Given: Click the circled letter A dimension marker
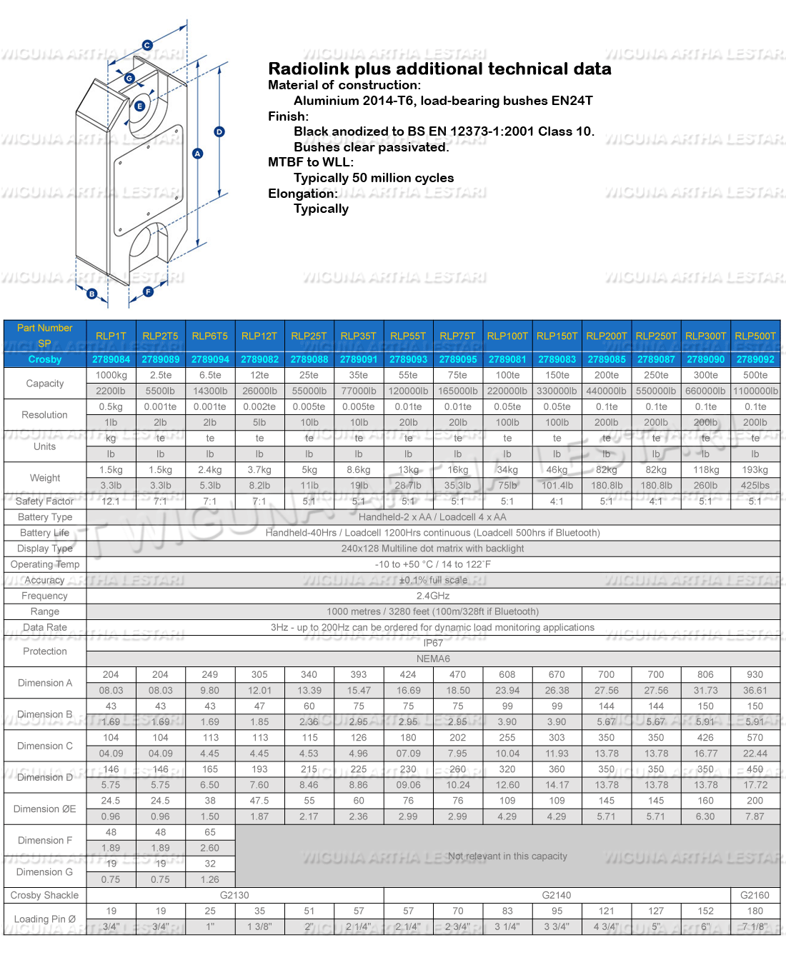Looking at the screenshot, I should tap(198, 154).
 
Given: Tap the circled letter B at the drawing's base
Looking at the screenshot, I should tap(91, 294).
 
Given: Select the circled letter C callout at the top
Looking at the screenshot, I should tap(147, 45).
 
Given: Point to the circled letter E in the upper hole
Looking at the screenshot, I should tap(140, 106).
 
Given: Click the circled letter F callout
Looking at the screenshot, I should tap(148, 291).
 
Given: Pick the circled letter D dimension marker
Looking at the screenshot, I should tap(219, 131).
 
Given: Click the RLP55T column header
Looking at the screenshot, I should tap(408, 336).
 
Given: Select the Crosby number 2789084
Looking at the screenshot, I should tap(111, 359).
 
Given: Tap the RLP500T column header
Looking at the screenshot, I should tap(755, 336).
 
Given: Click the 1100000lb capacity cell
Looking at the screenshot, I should tap(755, 391).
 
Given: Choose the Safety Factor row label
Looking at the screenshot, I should tap(45, 501).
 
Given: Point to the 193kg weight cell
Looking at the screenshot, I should tap(755, 469).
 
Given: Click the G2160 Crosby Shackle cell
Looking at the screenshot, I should tap(755, 895).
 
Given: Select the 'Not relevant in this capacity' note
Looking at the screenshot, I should tap(507, 856).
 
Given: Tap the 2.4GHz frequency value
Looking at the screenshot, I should tap(433, 596).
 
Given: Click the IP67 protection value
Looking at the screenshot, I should tap(433, 643).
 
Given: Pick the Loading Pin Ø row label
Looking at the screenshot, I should tap(45, 919).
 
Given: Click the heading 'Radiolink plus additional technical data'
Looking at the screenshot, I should tap(439, 69).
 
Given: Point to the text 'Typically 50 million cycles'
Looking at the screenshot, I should tap(374, 178).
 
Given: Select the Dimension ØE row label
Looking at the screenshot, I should tap(45, 809).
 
